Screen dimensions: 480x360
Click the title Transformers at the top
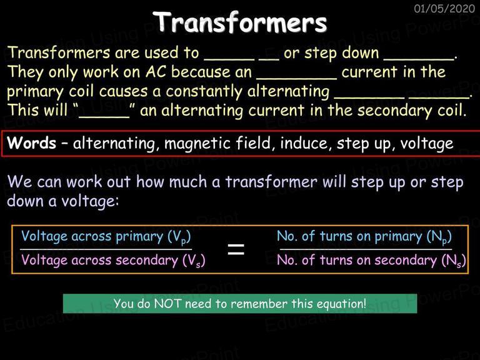click(x=240, y=22)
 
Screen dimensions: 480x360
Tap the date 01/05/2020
click(x=444, y=8)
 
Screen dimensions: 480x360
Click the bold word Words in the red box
click(x=32, y=142)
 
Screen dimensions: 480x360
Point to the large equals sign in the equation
click(x=236, y=249)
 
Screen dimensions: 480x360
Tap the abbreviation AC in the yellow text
click(x=156, y=72)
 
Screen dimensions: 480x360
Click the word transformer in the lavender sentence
click(x=271, y=182)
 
